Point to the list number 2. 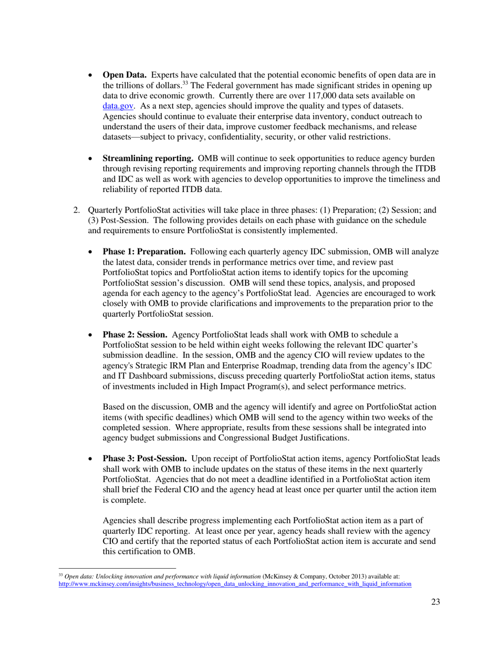pyautogui.click(x=76, y=211)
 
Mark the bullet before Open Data pyautogui.click(x=91, y=76)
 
